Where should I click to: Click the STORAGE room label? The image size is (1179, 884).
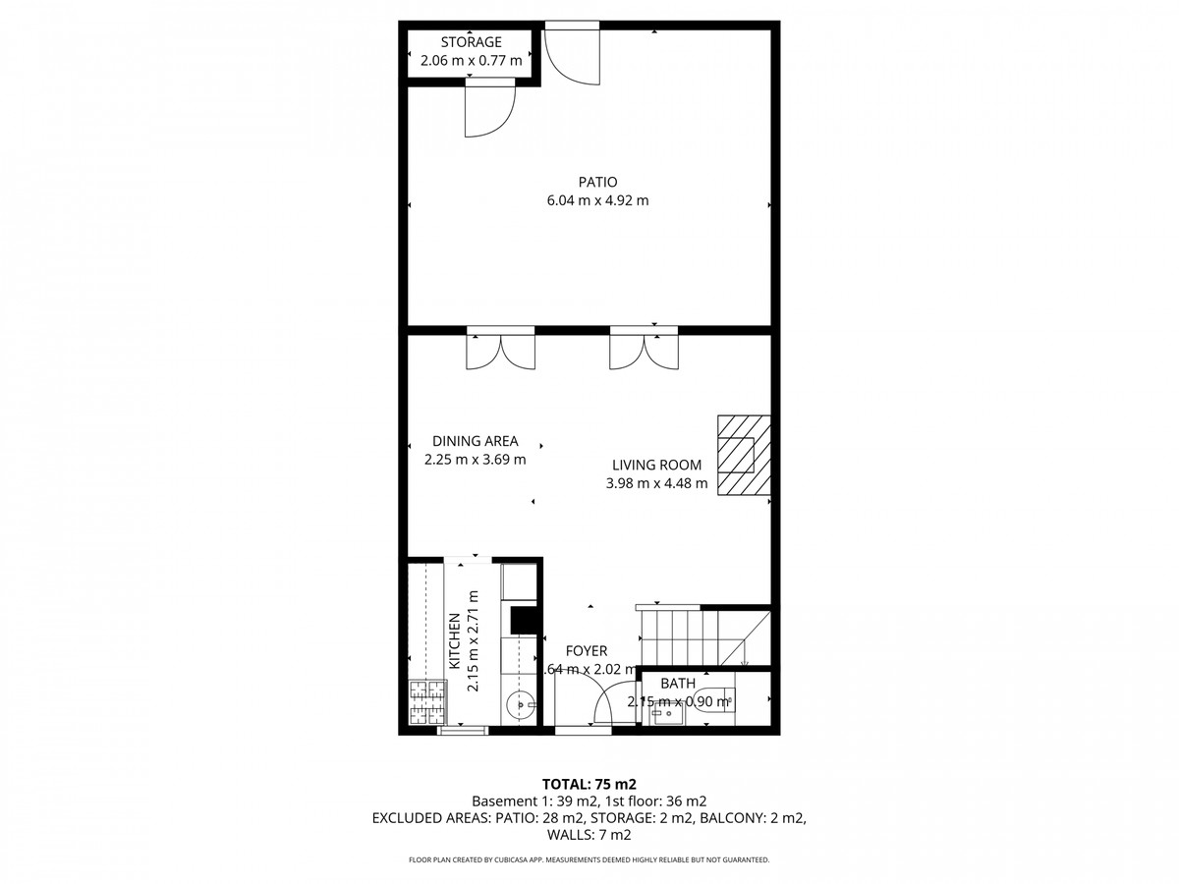471,42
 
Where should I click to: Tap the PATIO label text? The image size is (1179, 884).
597,182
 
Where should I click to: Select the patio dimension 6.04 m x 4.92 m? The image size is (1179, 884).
597,200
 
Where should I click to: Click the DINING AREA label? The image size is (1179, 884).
475,441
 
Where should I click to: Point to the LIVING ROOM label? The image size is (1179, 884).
656,465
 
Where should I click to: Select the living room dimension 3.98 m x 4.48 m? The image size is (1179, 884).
656,482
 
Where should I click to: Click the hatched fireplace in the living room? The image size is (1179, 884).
743,456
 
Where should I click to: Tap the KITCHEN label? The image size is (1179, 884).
455,642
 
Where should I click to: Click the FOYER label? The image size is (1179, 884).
586,650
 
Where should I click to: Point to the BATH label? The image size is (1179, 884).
677,684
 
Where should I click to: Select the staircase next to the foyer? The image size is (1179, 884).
700,636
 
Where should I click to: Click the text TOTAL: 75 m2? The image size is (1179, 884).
589,784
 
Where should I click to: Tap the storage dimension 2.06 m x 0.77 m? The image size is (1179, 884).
471,61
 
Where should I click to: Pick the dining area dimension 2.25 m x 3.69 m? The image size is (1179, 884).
475,459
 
